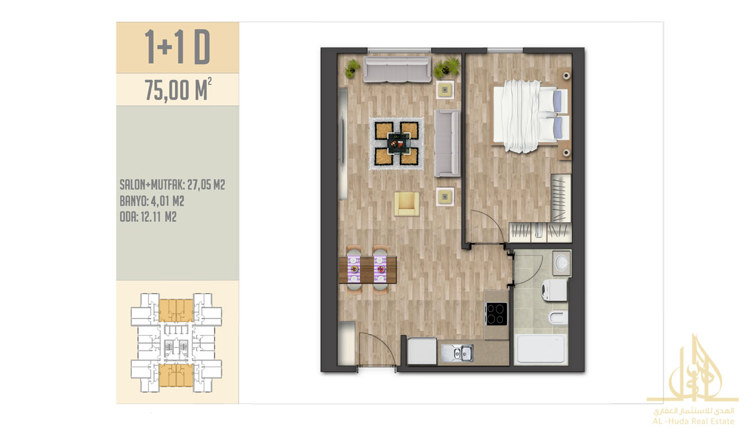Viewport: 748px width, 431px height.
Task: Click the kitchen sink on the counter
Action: [x=457, y=353]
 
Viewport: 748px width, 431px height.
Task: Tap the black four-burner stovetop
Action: [x=497, y=314]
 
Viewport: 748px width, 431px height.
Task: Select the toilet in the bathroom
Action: [x=558, y=318]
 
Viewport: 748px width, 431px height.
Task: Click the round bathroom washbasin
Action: [x=562, y=263]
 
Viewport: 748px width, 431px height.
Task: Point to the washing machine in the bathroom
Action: [x=554, y=290]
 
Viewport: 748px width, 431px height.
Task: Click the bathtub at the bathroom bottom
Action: [x=540, y=349]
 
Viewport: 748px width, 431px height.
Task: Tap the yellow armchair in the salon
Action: [x=406, y=204]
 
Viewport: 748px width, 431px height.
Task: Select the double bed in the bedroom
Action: [x=531, y=116]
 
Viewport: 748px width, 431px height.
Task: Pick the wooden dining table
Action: [x=367, y=270]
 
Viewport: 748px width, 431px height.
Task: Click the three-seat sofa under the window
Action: [x=397, y=70]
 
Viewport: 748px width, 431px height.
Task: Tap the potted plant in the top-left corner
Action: [x=352, y=68]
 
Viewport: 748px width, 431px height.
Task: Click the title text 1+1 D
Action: [x=178, y=47]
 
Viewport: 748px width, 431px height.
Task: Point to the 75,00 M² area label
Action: [x=178, y=90]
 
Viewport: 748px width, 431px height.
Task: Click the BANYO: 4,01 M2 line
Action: [x=152, y=201]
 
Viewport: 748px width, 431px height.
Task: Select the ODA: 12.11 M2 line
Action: [x=148, y=217]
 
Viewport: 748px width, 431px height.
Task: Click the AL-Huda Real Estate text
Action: [x=693, y=421]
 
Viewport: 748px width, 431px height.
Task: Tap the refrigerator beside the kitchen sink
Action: [x=422, y=351]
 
